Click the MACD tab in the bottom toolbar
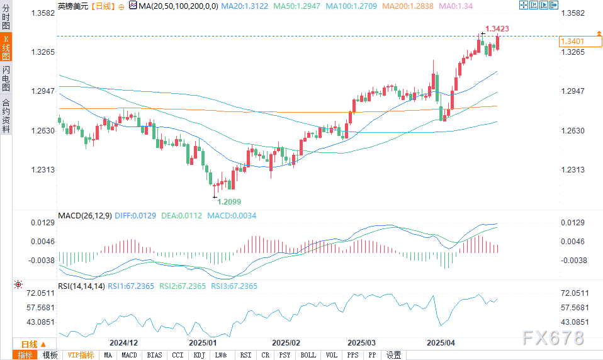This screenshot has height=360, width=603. coord(129,355)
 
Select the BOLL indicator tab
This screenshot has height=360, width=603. coord(308,355)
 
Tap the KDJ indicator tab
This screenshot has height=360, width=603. coord(199,355)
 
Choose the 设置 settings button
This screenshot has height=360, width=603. coord(393,355)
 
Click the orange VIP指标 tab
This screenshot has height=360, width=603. coord(81,355)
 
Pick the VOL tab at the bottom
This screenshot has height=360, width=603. coord(332,355)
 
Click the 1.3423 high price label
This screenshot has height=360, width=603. coord(497,29)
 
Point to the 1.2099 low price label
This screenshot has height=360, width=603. coord(228,201)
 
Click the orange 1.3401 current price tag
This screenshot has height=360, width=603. coord(572,42)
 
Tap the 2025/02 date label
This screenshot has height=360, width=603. coord(285,344)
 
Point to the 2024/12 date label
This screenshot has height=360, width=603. coord(123,344)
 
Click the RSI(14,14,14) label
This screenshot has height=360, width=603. coord(81,286)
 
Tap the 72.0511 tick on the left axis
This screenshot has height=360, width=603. coord(37,293)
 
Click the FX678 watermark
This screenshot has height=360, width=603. coord(553,337)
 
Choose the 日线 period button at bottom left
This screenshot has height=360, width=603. coord(29,344)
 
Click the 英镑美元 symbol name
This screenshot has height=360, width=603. coord(73,6)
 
